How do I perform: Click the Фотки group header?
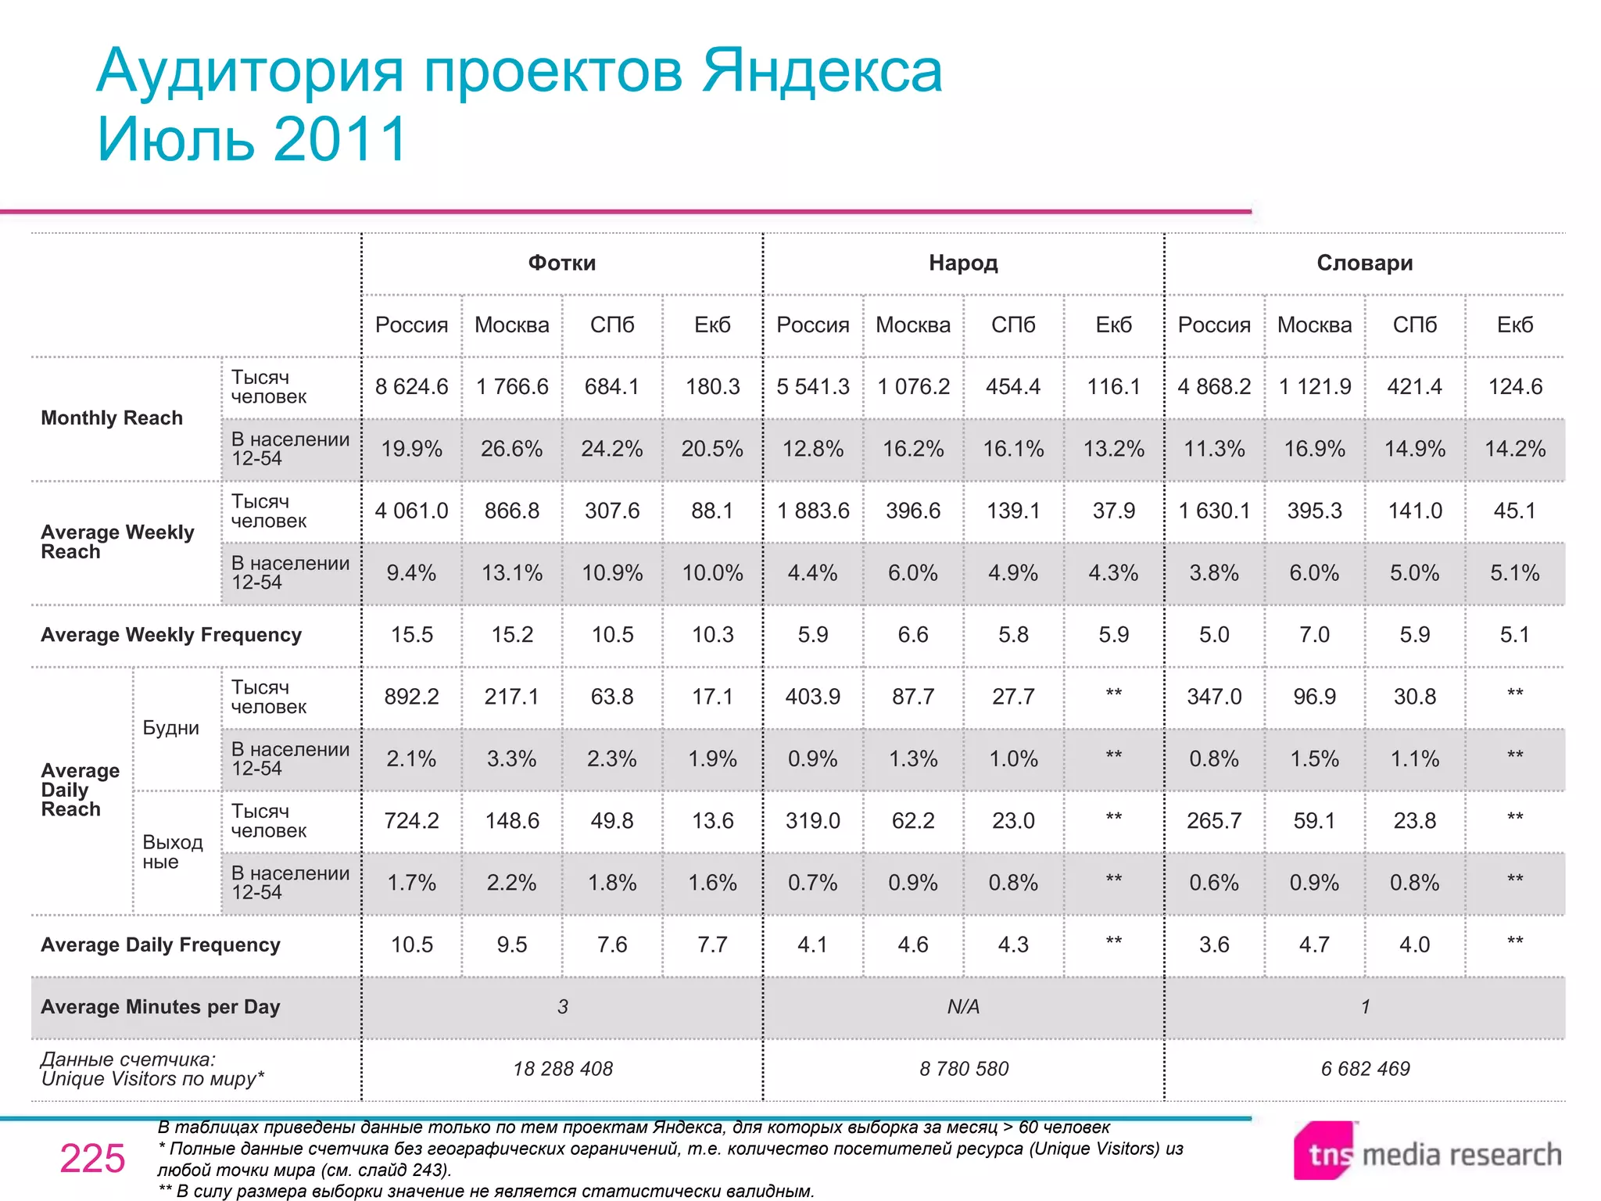click(x=561, y=263)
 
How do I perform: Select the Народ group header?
click(x=963, y=263)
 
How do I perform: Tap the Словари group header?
click(x=1364, y=263)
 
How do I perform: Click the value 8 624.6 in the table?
click(x=411, y=386)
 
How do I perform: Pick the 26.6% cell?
click(x=511, y=449)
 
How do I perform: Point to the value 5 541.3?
click(x=812, y=386)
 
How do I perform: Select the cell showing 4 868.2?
click(x=1214, y=386)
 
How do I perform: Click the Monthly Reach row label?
click(x=112, y=418)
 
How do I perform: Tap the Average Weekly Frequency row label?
click(x=171, y=635)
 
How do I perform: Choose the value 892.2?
click(x=411, y=697)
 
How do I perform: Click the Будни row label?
click(x=170, y=728)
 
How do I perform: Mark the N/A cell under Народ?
click(x=963, y=1007)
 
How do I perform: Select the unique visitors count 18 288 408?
click(x=563, y=1069)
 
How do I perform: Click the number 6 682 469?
click(x=1365, y=1069)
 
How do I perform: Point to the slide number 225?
click(x=92, y=1159)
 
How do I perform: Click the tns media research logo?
click(x=1427, y=1153)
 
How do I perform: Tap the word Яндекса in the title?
click(x=822, y=71)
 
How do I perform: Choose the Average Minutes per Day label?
click(x=160, y=1007)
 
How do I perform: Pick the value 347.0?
click(x=1214, y=697)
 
